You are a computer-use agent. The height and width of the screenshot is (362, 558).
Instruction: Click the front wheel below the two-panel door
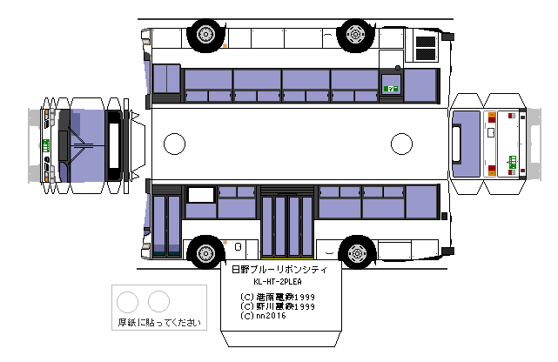205,253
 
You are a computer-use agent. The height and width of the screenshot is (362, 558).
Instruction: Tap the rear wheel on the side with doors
355,253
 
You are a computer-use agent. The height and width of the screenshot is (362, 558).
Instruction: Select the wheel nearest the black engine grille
355,34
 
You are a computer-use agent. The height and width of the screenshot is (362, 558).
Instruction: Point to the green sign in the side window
392,88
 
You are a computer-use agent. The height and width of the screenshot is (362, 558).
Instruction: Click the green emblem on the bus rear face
512,159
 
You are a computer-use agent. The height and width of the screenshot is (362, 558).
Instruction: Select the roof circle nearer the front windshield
175,143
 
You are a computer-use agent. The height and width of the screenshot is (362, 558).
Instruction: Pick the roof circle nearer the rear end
401,143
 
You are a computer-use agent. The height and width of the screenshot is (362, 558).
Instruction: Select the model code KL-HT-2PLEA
279,283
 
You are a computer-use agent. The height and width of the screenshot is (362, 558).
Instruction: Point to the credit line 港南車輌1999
279,297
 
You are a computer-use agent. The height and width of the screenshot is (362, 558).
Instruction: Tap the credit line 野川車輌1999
279,306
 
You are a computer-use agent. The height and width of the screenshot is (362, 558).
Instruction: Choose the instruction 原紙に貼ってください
158,323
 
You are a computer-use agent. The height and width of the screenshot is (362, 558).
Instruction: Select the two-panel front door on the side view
166,225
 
